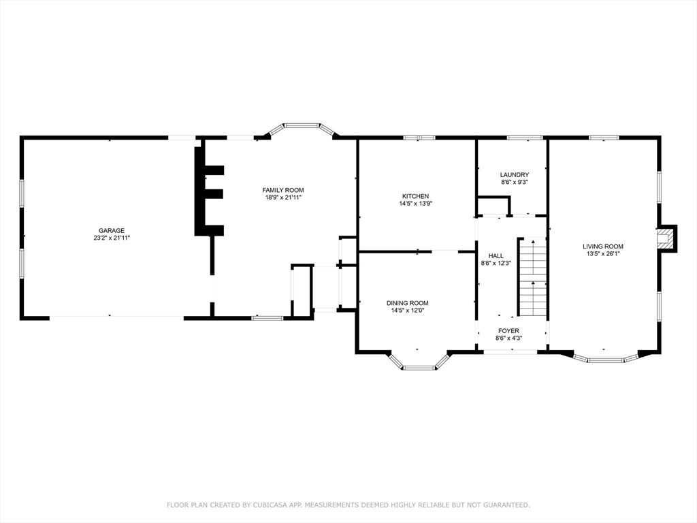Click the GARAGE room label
pyautogui.click(x=111, y=230)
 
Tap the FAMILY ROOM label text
pyautogui.click(x=283, y=191)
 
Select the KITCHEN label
pyautogui.click(x=416, y=196)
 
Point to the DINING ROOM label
pyautogui.click(x=408, y=303)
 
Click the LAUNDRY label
pyautogui.click(x=515, y=175)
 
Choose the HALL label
pyautogui.click(x=496, y=256)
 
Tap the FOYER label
pyautogui.click(x=508, y=331)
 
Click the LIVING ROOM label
pyautogui.click(x=603, y=247)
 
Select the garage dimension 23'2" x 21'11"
pyautogui.click(x=111, y=238)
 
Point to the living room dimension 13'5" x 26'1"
pyautogui.click(x=603, y=254)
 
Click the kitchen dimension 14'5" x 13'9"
pyautogui.click(x=416, y=204)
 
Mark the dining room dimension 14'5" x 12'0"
pyautogui.click(x=408, y=311)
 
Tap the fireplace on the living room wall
pyautogui.click(x=666, y=238)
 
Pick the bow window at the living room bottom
pyautogui.click(x=605, y=357)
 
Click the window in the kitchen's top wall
pyautogui.click(x=419, y=138)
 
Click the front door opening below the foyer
pyautogui.click(x=510, y=352)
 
